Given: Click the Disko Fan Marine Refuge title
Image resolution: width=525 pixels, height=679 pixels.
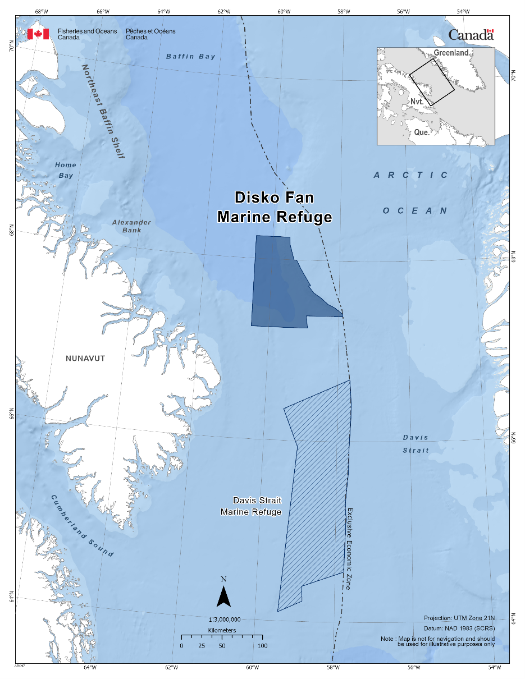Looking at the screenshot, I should (x=275, y=207).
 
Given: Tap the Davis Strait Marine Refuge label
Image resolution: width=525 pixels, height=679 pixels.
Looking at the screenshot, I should (x=251, y=506).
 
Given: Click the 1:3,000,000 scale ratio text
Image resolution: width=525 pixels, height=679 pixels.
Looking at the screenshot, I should (x=225, y=620).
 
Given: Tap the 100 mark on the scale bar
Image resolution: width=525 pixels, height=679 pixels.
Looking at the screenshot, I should (x=262, y=646).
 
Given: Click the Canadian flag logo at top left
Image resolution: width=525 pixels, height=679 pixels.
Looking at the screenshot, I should (x=38, y=34).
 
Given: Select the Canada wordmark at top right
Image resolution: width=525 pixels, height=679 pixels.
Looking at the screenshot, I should (x=471, y=35).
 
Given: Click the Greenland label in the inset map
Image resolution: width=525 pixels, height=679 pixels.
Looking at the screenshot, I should (x=451, y=53).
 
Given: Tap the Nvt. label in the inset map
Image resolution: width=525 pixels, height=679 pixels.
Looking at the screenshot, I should (x=417, y=102).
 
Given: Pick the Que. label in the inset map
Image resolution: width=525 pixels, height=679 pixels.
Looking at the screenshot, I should (x=422, y=133).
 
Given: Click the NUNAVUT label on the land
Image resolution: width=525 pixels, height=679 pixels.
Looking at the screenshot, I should (x=85, y=359).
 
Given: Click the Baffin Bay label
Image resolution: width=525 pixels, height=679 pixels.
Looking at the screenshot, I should (x=191, y=57).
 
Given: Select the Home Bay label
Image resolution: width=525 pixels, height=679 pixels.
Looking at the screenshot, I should (x=65, y=170).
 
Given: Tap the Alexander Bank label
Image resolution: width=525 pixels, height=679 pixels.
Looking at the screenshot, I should (x=131, y=226).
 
